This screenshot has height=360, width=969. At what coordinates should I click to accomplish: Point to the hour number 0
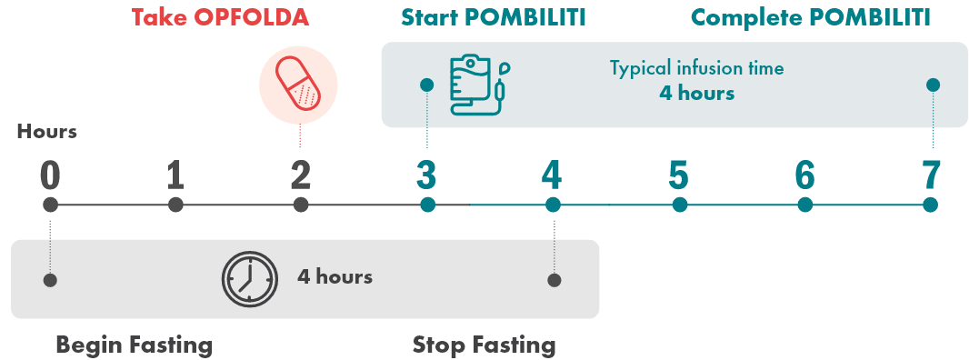[50, 175]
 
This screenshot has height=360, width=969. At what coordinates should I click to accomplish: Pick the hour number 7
[929, 175]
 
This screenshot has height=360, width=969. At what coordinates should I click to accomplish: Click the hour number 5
[678, 175]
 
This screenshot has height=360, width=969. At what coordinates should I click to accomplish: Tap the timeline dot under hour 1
[176, 205]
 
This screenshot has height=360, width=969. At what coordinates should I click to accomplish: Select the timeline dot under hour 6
[804, 205]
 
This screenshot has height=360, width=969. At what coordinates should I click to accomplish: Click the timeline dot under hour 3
[427, 205]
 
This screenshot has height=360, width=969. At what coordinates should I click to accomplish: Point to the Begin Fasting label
[134, 345]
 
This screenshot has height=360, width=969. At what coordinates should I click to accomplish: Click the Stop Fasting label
[484, 345]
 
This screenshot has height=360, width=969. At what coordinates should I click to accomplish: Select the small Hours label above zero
[46, 132]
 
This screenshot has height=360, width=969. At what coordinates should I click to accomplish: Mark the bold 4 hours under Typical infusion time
[696, 93]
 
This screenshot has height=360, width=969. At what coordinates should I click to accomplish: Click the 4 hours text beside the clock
[335, 277]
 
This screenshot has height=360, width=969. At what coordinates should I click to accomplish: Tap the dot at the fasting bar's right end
[554, 280]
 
